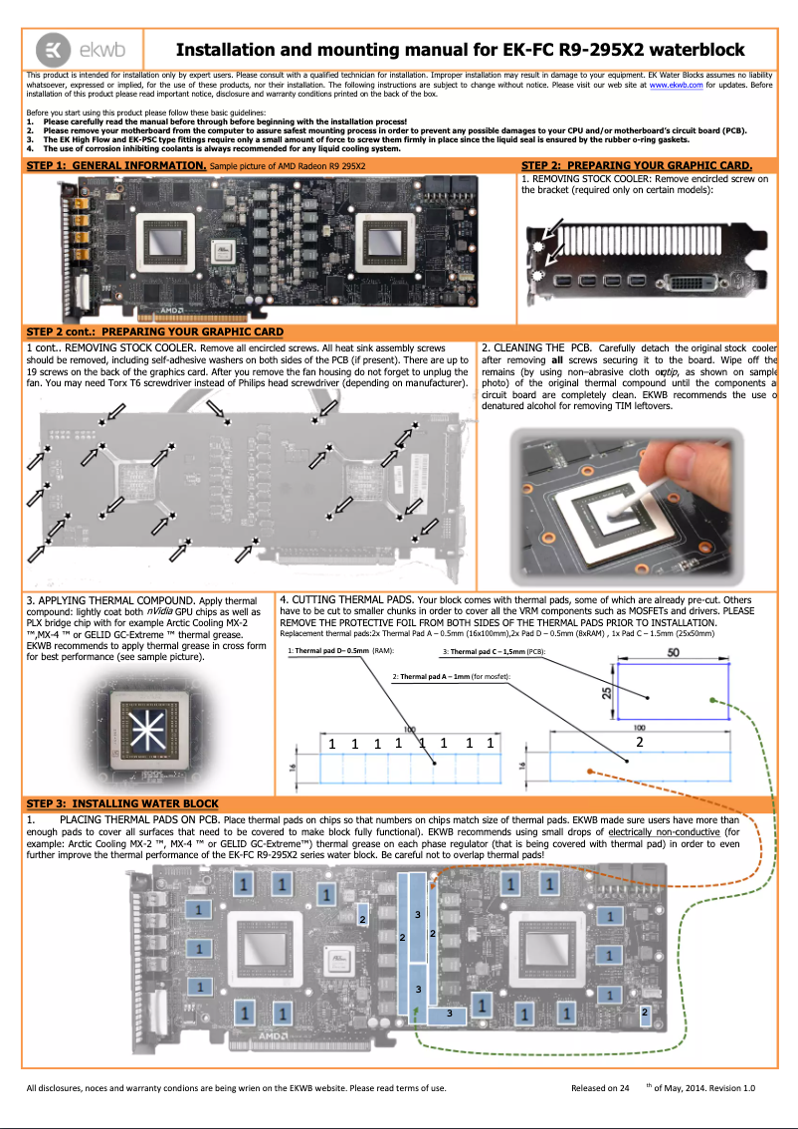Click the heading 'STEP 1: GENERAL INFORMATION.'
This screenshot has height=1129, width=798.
tap(116, 165)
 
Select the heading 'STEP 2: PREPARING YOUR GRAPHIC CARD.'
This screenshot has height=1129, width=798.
tap(637, 165)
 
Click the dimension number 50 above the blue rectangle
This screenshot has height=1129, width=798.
tap(673, 653)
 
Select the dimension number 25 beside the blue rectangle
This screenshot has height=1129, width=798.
tap(608, 690)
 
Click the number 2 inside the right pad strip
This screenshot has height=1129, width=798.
tap(640, 742)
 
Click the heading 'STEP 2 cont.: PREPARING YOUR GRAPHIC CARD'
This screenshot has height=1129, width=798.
tap(155, 332)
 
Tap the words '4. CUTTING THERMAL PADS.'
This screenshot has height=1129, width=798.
tap(347, 600)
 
